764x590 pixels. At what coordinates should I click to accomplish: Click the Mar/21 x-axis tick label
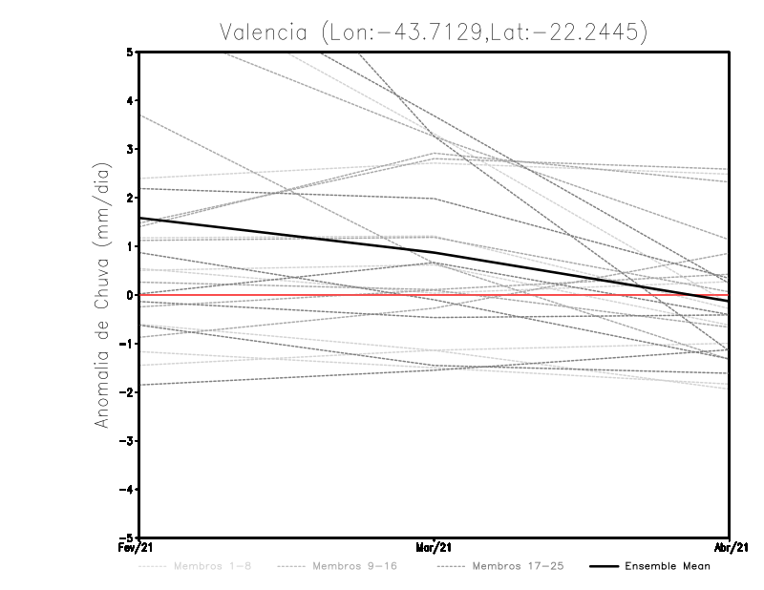pos(435,547)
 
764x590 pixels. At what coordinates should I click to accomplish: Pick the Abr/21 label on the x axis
pos(731,547)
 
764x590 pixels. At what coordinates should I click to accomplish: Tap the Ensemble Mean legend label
pos(668,566)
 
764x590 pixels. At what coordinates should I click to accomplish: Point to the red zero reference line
pos(286,295)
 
